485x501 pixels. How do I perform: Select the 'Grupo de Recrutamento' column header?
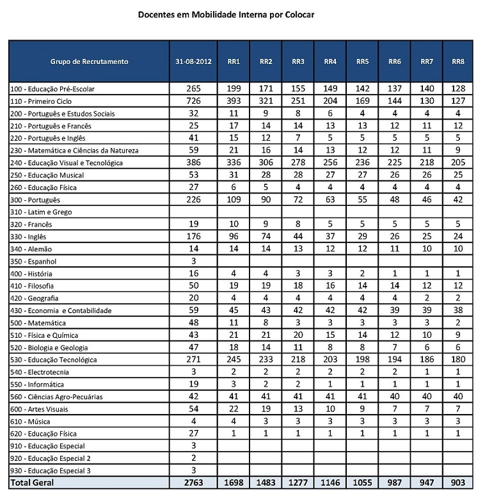click(x=90, y=62)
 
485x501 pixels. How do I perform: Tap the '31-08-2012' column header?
click(x=193, y=62)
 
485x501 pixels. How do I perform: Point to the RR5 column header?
click(x=362, y=62)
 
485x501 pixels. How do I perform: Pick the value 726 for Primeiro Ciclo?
click(x=193, y=101)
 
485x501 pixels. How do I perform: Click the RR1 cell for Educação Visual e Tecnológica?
click(x=234, y=163)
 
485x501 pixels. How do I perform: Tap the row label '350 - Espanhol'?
click(x=34, y=261)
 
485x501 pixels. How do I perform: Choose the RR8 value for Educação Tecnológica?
click(x=457, y=360)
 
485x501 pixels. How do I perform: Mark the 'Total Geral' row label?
click(x=33, y=482)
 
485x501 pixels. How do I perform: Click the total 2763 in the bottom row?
click(x=193, y=482)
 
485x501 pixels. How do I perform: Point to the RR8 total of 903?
click(x=457, y=482)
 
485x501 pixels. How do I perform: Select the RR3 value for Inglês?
click(x=298, y=237)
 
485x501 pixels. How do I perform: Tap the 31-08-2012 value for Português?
click(x=193, y=200)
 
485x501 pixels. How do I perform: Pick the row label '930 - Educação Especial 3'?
click(x=50, y=470)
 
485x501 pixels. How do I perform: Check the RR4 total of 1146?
click(x=330, y=482)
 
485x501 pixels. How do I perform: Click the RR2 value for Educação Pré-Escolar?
click(x=266, y=89)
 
